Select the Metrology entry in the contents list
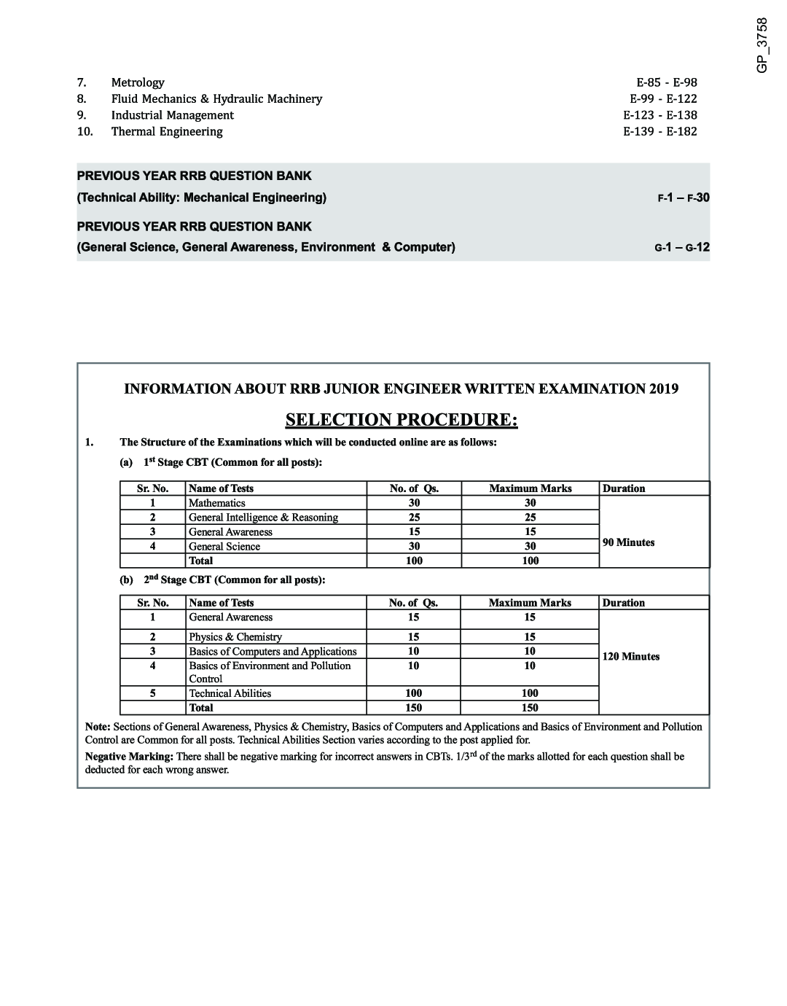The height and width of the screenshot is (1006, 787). coord(138,82)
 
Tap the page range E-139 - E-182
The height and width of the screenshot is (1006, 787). coord(659,131)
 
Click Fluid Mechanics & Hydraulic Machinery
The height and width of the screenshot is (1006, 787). coord(216,98)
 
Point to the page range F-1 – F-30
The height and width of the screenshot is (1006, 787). coord(683,198)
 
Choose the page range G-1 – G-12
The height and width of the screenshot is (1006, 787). coord(681,248)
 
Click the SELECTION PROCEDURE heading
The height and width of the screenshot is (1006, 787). coord(402,420)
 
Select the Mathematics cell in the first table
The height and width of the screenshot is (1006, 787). coord(216,503)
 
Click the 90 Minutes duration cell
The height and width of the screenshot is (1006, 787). coord(628,542)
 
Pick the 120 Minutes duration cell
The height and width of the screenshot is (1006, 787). coord(630,657)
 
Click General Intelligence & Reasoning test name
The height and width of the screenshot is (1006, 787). coord(263,518)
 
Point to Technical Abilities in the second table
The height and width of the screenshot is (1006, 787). coord(230,693)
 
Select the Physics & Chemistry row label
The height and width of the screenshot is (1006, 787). coord(235,637)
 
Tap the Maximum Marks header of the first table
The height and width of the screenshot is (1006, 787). coord(530,488)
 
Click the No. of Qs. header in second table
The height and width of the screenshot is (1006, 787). coord(413,603)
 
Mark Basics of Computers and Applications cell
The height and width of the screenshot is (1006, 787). coord(273,652)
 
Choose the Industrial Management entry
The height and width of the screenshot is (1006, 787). coord(172,115)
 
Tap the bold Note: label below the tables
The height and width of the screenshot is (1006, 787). coord(98,727)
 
